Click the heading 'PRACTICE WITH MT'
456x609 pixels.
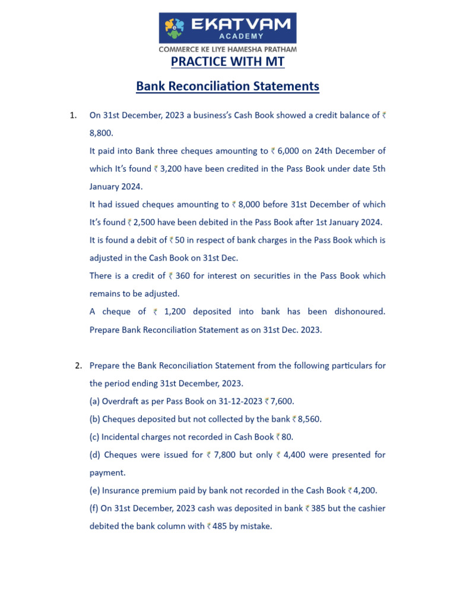click(227, 62)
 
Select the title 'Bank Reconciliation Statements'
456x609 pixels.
click(227, 86)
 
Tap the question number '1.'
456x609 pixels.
click(74, 115)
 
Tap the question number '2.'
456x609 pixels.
click(78, 365)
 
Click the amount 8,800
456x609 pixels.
click(100, 133)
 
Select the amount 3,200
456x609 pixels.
click(174, 169)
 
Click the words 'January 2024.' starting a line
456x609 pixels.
click(116, 187)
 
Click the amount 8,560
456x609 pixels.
click(309, 419)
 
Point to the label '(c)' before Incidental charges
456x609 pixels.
click(94, 437)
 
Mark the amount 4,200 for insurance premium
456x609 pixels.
click(365, 491)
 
